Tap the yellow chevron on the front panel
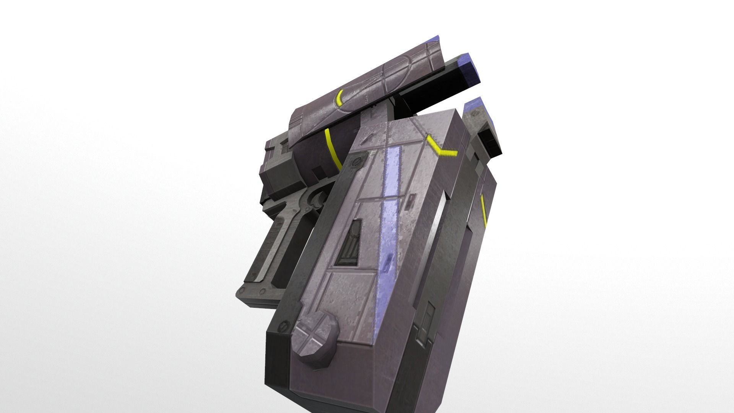tap(441, 147)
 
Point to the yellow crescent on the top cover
tap(339, 99)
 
